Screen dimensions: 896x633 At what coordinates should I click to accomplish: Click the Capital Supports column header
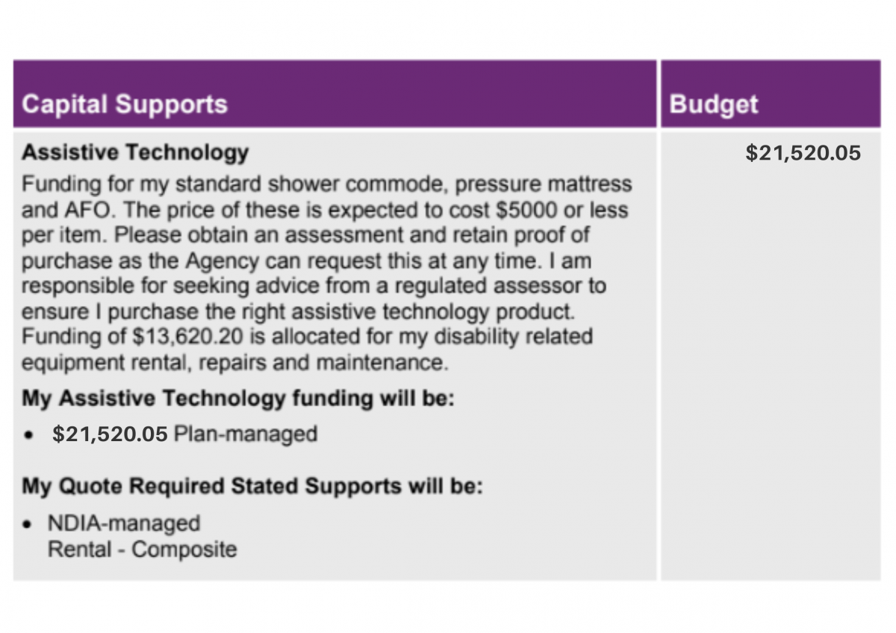click(125, 105)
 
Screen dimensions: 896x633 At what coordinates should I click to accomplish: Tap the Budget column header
click(714, 105)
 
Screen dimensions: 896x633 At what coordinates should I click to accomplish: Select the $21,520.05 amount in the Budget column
click(803, 153)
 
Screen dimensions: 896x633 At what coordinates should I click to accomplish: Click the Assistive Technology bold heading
click(135, 153)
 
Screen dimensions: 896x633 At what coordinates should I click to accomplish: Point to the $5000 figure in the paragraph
click(526, 210)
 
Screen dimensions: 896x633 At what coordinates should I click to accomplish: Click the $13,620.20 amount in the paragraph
click(187, 337)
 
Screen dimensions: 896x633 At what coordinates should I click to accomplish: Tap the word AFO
click(88, 210)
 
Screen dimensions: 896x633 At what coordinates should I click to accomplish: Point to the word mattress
click(590, 184)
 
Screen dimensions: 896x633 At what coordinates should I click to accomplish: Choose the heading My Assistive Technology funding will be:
click(238, 399)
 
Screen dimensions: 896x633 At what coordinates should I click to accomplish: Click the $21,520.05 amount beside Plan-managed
click(110, 434)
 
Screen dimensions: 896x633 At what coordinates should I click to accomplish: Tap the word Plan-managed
click(246, 434)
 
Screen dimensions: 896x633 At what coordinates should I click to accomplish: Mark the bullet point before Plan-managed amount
click(28, 435)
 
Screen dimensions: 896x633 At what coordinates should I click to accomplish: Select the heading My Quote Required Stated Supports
click(252, 487)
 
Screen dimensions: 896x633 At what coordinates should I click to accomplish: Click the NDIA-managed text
click(124, 524)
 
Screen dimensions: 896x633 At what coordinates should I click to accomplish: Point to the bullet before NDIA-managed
click(27, 524)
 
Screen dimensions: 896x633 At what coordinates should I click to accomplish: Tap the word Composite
click(184, 550)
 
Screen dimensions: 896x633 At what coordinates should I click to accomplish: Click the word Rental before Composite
click(80, 549)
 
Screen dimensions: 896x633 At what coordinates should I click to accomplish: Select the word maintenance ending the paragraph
click(382, 363)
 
